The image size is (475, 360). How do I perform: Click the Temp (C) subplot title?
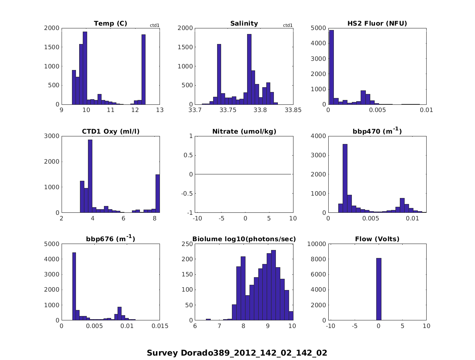tap(110, 24)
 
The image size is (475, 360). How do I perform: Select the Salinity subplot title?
tap(244, 24)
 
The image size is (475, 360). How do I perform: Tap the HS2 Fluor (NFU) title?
tap(377, 24)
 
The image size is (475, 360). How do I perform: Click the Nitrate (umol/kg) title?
tap(244, 131)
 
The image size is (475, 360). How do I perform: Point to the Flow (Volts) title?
tap(377, 239)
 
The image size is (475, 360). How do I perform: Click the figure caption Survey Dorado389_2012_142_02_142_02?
tap(237, 353)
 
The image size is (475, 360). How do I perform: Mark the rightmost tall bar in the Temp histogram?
tap(143, 69)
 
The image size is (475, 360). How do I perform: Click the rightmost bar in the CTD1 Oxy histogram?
tap(158, 193)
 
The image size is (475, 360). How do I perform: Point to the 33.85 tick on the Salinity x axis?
tap(293, 110)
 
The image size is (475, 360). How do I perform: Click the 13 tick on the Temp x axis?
tap(160, 110)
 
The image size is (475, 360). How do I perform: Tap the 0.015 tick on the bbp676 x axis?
tap(160, 326)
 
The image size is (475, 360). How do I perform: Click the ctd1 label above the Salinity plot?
tap(287, 25)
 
